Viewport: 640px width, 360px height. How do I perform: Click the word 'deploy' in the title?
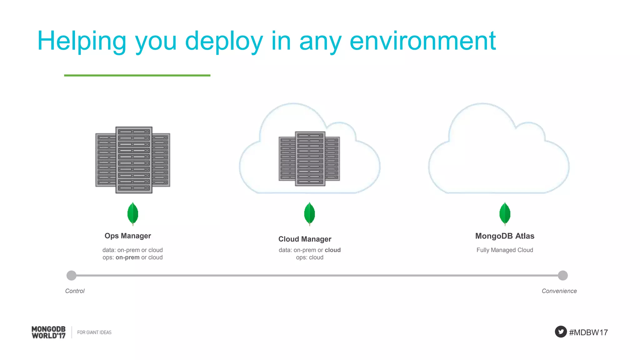click(224, 41)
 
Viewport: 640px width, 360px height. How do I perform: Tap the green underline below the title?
click(137, 75)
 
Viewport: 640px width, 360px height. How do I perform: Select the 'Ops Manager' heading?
click(127, 236)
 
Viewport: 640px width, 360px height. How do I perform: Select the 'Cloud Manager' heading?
click(305, 239)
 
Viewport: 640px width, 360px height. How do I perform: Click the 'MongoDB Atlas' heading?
click(505, 236)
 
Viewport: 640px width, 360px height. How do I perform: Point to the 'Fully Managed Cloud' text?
click(505, 250)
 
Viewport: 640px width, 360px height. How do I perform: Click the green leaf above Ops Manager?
click(133, 214)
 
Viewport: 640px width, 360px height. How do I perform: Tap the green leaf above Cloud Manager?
click(309, 214)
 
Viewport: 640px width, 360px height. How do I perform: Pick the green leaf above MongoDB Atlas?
click(505, 214)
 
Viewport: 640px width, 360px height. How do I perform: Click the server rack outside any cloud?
click(133, 160)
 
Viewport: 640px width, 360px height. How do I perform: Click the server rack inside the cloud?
click(309, 159)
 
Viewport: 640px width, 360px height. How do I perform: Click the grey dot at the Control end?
click(72, 275)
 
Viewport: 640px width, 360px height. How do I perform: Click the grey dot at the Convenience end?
click(562, 275)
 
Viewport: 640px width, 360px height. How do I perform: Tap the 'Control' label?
click(75, 291)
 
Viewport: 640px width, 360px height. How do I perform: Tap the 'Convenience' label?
click(559, 291)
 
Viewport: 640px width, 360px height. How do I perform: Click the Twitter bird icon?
click(561, 332)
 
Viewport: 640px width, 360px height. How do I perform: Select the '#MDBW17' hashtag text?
click(588, 332)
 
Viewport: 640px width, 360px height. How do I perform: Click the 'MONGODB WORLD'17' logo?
click(49, 332)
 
